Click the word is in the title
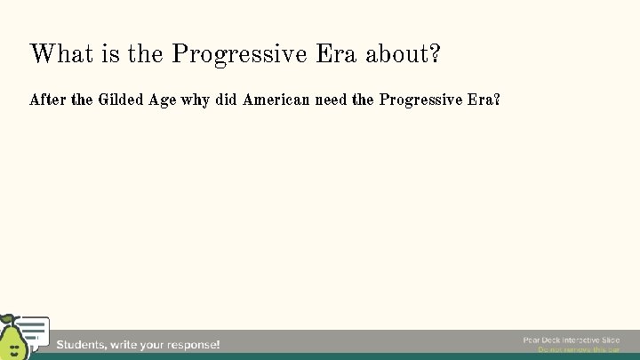tap(112, 54)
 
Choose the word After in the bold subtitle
tap(48, 100)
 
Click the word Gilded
tap(124, 100)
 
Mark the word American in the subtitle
tap(276, 100)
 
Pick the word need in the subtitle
tap(332, 100)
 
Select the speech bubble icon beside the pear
tap(35, 331)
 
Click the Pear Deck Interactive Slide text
tap(571, 340)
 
